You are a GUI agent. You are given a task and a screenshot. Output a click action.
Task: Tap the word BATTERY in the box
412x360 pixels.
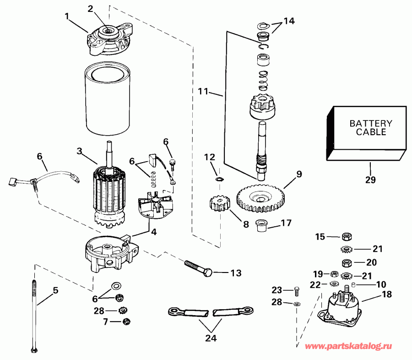point(371,123)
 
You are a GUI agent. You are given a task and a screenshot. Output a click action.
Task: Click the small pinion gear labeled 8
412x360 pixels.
point(220,204)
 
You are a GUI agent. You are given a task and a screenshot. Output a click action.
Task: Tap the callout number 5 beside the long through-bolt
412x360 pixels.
point(56,290)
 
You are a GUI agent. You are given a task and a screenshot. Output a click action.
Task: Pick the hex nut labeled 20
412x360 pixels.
point(347,262)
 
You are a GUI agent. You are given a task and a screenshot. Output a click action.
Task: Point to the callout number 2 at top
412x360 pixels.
point(90,8)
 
